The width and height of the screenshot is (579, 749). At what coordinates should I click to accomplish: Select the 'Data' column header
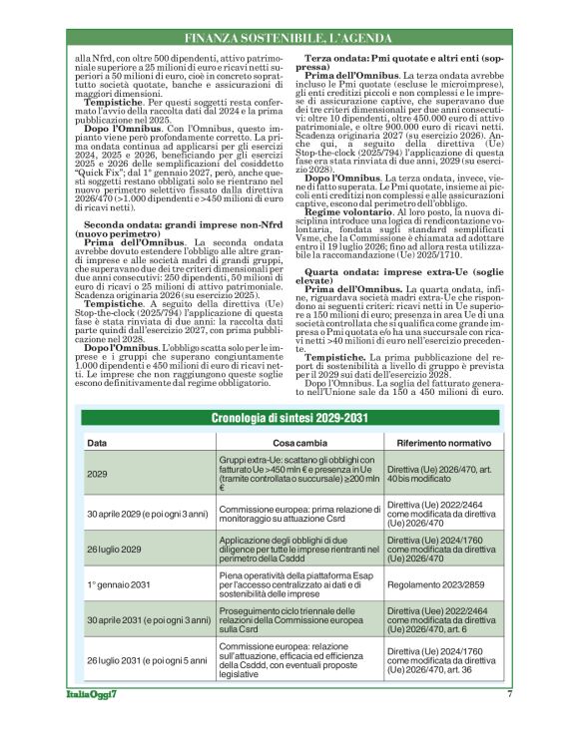tap(98, 442)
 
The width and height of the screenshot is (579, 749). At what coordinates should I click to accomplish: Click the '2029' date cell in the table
tap(98, 475)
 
